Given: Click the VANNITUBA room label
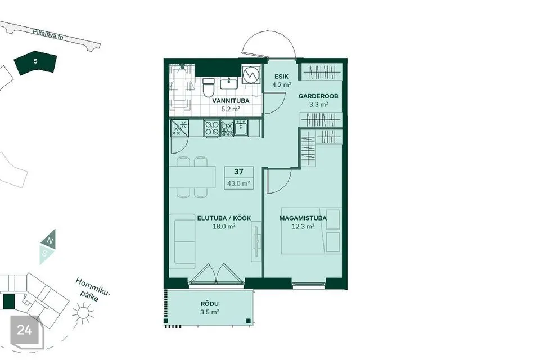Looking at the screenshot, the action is coord(231,101).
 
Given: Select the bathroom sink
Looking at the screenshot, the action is coord(229,83).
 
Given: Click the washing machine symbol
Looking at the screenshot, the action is coord(250,74).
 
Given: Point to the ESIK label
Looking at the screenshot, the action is coord(282,76).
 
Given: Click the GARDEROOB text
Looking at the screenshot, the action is coord(318,96).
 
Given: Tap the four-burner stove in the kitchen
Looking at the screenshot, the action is coord(211,128).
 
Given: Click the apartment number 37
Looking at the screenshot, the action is coord(238,172).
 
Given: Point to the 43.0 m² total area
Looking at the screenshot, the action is coord(238,183).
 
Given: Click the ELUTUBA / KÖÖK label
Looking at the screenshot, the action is coord(224,218).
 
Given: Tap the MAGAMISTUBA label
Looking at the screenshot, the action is coord(303,218).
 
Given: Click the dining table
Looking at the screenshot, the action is coord(192,177).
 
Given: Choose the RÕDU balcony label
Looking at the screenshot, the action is coord(210,304).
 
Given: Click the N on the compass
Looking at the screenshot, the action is coord(50,241).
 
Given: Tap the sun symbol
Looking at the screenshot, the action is coord(83,312).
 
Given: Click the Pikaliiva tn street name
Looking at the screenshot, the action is coord(48,34).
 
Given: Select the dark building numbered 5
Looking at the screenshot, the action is coord(35,62).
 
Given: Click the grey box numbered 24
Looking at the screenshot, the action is coord(24,330).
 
